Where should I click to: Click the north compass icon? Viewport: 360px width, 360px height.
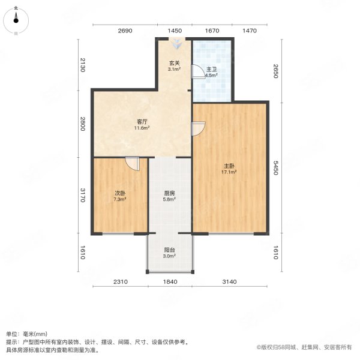click(x=16, y=20)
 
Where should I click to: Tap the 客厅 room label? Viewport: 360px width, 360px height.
click(x=142, y=121)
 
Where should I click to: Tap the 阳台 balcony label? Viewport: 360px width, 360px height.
click(x=170, y=250)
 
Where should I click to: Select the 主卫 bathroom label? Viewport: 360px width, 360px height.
click(x=211, y=69)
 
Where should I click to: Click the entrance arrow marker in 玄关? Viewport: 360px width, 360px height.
click(x=178, y=43)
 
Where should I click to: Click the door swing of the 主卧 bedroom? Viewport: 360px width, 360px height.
click(x=198, y=128)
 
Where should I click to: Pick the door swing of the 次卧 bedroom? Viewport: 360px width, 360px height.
click(x=132, y=163)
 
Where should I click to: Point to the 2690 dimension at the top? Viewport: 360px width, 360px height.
click(x=125, y=30)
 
